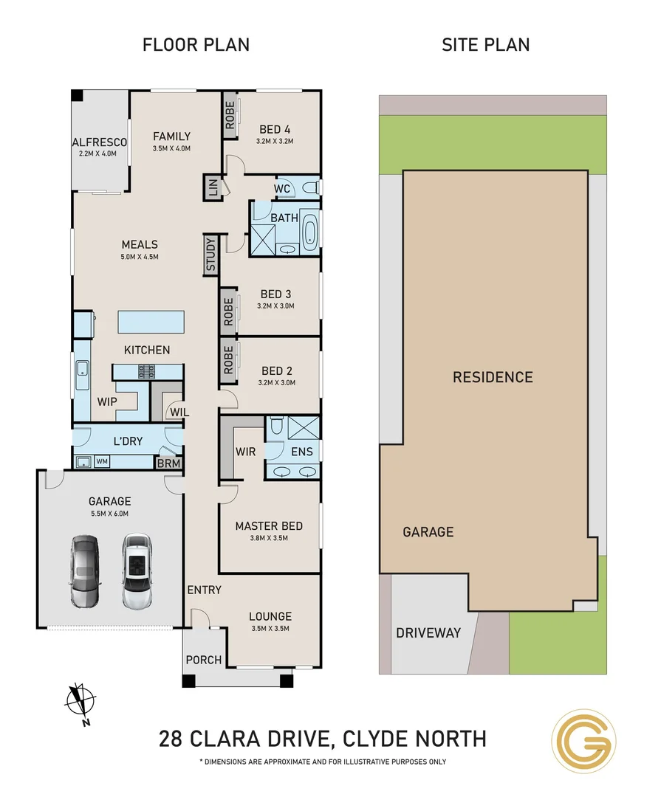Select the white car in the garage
click(136, 570)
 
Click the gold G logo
click(583, 740)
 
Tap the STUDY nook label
click(210, 255)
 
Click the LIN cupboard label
click(213, 187)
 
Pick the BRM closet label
click(169, 463)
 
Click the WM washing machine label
click(102, 462)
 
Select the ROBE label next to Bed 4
click(230, 115)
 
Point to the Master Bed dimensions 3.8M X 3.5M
click(269, 538)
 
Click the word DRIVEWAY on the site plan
click(428, 632)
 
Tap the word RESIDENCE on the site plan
click(492, 377)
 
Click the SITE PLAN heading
click(485, 44)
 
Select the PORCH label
click(203, 659)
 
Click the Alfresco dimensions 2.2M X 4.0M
click(99, 153)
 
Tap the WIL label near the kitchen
click(179, 412)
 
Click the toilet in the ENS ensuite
click(276, 426)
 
